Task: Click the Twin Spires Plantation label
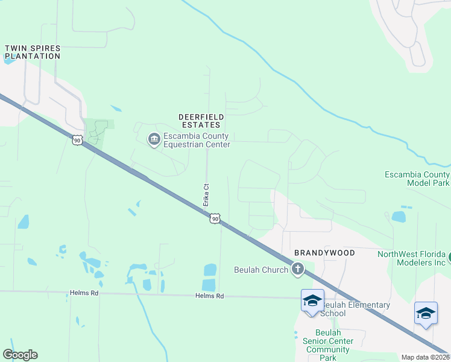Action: point(33,52)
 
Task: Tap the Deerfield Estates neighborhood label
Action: point(201,121)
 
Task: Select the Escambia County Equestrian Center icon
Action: point(154,140)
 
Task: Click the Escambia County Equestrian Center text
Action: point(197,140)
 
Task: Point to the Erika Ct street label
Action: point(206,195)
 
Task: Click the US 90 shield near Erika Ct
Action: point(215,218)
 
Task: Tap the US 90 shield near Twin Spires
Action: point(77,140)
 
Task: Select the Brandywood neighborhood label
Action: point(324,252)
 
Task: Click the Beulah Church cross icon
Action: point(297,269)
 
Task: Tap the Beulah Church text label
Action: point(261,270)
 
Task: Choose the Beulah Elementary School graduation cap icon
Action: point(312,300)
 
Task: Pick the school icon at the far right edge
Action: point(426,313)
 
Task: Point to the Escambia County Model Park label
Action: point(417,179)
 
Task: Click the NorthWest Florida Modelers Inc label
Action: point(411,259)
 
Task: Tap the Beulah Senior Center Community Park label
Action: point(329,345)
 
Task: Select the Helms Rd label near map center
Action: point(209,296)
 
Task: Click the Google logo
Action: point(20,355)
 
